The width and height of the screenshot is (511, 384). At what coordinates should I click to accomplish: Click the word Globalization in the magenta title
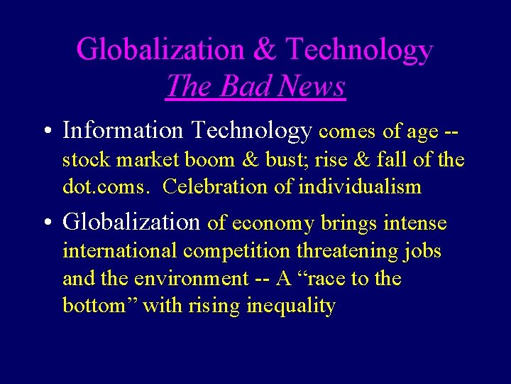coord(159,50)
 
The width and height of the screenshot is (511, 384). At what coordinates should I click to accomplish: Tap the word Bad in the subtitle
coord(248,87)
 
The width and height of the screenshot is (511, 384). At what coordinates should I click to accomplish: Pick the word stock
coord(87,159)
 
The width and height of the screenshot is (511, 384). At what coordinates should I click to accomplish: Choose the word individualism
coord(360,187)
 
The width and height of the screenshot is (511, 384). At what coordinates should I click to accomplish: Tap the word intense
coord(415,223)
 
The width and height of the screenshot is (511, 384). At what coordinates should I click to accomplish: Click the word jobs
coord(422,252)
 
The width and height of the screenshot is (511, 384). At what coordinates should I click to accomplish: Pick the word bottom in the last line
coord(98,306)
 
